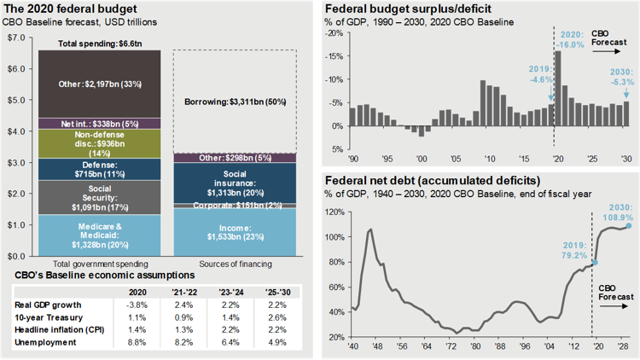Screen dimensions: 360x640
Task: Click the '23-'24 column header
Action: tap(230, 290)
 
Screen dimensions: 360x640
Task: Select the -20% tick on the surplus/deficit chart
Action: tap(337, 32)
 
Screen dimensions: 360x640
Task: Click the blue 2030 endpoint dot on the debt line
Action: tap(629, 226)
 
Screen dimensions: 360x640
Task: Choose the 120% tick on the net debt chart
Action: tap(335, 212)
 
